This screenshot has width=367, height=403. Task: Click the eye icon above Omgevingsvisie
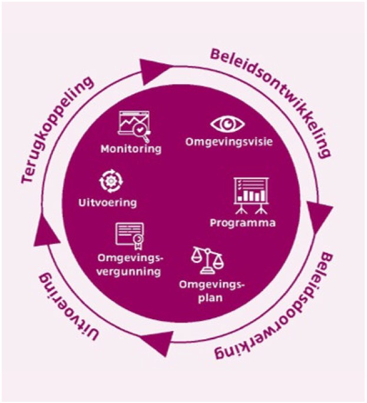tap(227, 124)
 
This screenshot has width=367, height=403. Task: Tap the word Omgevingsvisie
tap(229, 142)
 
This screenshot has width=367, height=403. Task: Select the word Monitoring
tap(131, 149)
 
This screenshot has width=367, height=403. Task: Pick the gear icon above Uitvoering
tap(111, 181)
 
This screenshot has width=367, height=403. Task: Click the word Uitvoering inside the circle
tap(107, 203)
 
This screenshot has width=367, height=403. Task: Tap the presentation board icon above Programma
tap(251, 196)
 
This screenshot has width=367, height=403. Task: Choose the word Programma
tap(243, 223)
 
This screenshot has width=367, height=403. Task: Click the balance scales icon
tap(207, 260)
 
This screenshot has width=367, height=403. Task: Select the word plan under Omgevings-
tap(210, 298)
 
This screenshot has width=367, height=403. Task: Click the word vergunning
tap(129, 272)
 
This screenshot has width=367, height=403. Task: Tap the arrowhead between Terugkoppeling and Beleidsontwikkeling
tap(154, 71)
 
